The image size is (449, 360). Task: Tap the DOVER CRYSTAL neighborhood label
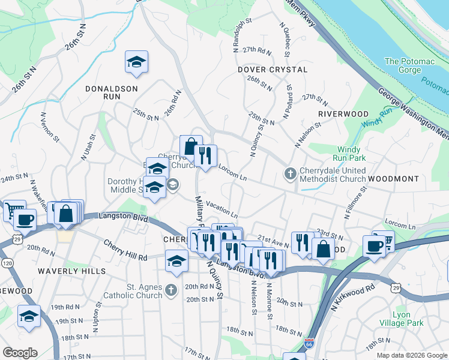click(x=272, y=70)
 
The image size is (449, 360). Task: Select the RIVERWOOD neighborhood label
click(x=343, y=113)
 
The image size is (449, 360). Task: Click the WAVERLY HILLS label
click(x=71, y=271)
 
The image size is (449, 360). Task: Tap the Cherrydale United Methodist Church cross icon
click(x=290, y=174)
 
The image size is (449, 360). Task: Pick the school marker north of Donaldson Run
click(x=137, y=62)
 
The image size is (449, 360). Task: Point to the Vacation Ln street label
click(x=221, y=208)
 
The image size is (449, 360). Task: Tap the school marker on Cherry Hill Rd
click(x=176, y=262)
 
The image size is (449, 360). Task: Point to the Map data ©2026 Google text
click(x=412, y=355)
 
